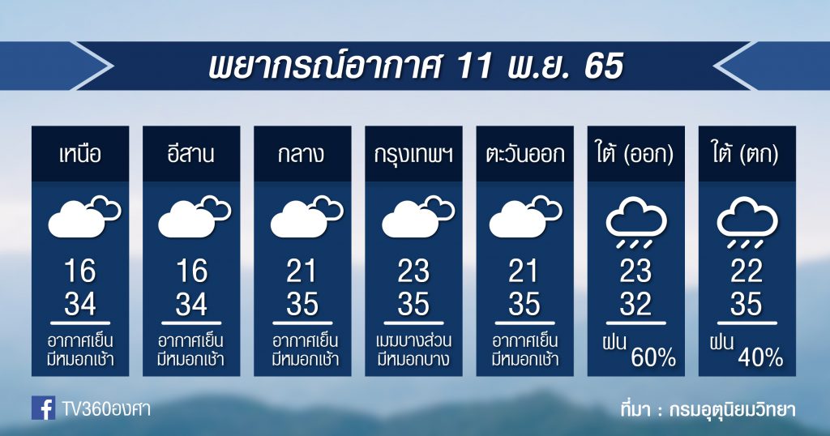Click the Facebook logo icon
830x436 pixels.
pos(44,408)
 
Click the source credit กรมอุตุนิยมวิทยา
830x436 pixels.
pos(732,409)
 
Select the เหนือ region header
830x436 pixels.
pos(80,155)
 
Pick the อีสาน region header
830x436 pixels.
pos(190,153)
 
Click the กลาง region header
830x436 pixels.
pos(302,155)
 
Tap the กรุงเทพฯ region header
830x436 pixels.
pos(413,155)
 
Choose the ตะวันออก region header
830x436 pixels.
pos(524,155)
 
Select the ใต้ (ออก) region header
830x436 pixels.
pos(635,155)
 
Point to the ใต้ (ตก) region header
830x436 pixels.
pos(746,155)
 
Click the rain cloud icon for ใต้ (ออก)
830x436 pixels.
pos(635,222)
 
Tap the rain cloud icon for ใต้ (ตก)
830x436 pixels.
pos(747,222)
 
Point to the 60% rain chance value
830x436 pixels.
pos(653,358)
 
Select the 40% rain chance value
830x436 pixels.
pos(760,358)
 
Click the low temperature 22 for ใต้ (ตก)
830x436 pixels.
pos(747,271)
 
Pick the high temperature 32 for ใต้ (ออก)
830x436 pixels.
pos(635,304)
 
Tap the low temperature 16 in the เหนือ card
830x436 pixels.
pos(80,271)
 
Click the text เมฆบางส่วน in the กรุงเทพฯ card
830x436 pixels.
pos(413,340)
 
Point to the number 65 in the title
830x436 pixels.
pos(603,66)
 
